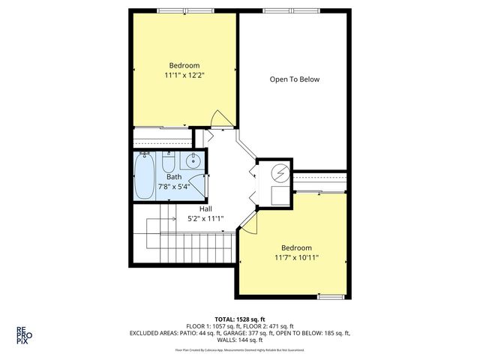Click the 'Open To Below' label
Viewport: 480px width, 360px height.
coord(293,78)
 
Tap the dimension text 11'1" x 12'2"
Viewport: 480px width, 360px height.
coord(184,75)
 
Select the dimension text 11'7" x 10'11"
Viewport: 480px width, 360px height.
coord(296,258)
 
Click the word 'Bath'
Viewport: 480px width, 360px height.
coord(173,177)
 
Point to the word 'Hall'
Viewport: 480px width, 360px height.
coord(205,208)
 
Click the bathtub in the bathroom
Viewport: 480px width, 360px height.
coord(145,177)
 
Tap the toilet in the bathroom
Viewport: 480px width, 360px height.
coord(169,162)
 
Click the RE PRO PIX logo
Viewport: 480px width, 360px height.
coord(24,334)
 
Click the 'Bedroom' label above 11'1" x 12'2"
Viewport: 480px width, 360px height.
coord(184,65)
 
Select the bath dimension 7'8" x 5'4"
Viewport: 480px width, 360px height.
coord(173,187)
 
